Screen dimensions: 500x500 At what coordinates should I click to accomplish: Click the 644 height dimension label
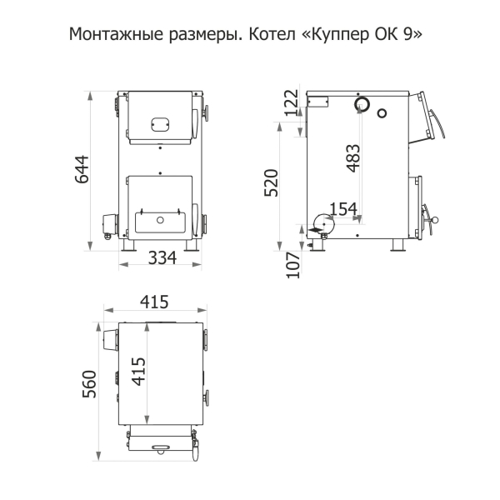tap(82, 169)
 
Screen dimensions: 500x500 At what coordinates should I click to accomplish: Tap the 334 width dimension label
tap(162, 257)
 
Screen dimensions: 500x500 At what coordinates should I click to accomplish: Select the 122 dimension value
tap(292, 102)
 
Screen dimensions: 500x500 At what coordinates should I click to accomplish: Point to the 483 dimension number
tap(353, 158)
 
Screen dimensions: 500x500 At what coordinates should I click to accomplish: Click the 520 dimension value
tap(272, 182)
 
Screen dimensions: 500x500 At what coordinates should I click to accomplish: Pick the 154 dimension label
tap(343, 209)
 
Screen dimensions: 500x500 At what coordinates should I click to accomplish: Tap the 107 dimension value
tap(293, 265)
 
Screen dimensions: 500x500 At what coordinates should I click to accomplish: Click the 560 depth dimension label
tap(89, 384)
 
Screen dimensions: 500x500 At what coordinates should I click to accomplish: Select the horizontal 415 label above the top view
tap(154, 302)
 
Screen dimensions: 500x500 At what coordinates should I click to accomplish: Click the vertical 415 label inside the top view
tap(138, 372)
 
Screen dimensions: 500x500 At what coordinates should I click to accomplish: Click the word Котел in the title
tap(272, 34)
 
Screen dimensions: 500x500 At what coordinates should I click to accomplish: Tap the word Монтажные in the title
tap(116, 34)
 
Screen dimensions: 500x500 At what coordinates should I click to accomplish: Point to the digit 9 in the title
tap(407, 34)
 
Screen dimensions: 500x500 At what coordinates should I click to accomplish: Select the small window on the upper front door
tap(160, 124)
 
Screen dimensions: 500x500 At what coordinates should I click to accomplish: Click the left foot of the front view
tap(128, 245)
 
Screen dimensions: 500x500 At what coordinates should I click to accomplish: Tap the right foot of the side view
tap(397, 245)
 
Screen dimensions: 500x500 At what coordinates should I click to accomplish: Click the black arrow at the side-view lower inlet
tap(316, 230)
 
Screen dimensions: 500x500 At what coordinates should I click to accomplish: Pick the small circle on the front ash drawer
tap(160, 220)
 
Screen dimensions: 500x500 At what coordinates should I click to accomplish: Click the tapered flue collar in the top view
tap(110, 340)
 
